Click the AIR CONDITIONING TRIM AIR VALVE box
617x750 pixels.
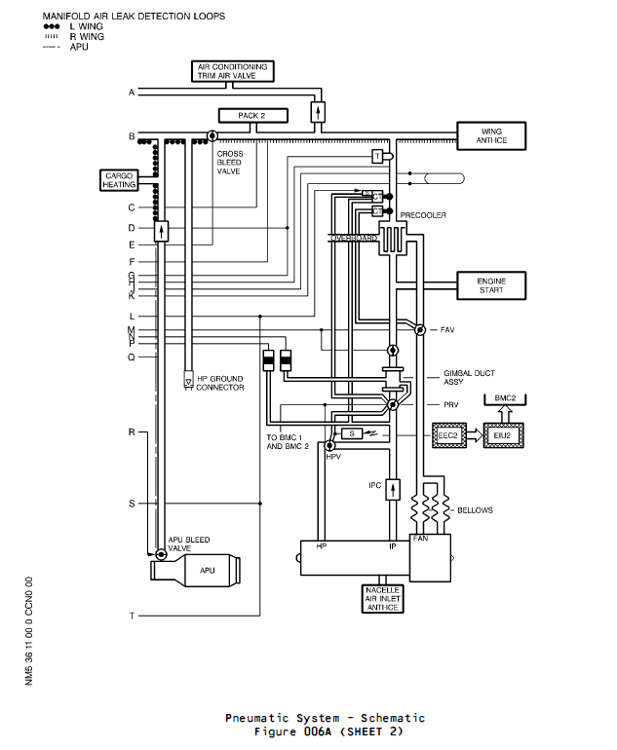click(232, 71)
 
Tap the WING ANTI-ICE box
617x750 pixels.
click(493, 135)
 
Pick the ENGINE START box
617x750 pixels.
click(491, 285)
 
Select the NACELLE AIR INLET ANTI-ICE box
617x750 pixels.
click(383, 599)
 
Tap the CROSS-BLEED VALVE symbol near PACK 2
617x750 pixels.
click(212, 135)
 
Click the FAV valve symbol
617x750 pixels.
click(417, 330)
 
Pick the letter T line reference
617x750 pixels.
click(131, 616)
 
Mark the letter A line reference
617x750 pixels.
click(131, 93)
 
